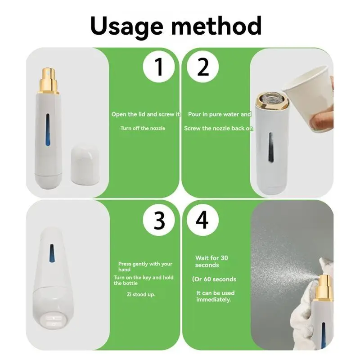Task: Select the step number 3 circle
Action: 158,220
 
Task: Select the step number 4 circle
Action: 203,220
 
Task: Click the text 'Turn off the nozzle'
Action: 143,128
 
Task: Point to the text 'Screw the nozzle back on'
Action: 219,128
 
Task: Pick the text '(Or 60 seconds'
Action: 214,279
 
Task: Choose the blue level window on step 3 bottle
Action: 52,254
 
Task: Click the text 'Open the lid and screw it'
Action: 145,114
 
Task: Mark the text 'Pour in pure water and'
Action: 220,114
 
